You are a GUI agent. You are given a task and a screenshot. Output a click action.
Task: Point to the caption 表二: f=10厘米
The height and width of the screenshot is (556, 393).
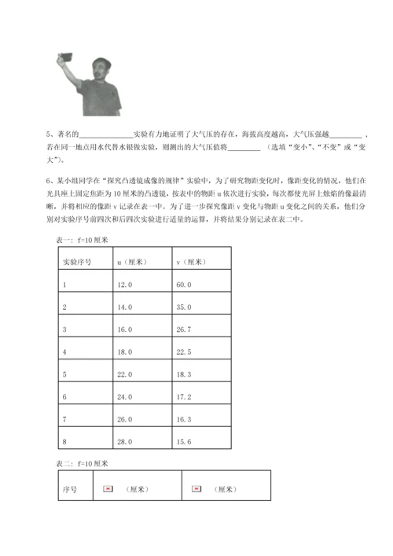coord(85,463)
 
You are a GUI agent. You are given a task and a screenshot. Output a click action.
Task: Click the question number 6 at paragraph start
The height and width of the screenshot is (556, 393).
coord(49,179)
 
